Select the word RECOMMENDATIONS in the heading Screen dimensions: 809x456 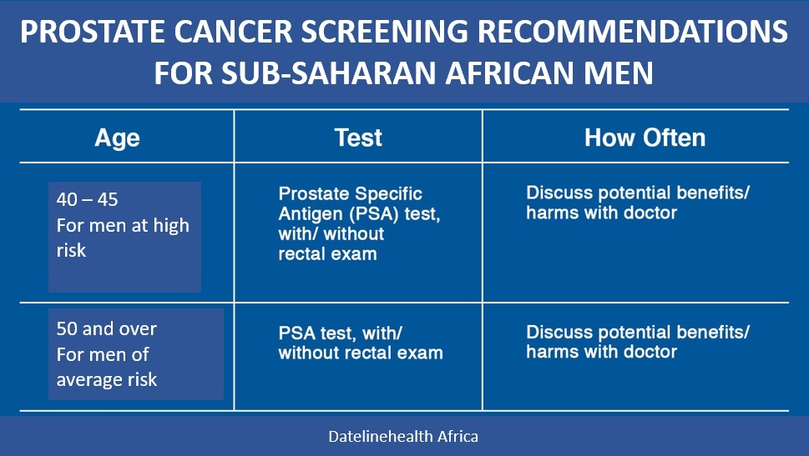633,32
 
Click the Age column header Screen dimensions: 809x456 117,138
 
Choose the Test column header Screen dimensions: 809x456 358,138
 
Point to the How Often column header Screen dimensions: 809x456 645,138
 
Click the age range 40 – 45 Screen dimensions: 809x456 87,199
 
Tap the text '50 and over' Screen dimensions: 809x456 106,328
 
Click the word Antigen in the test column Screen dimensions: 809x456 311,214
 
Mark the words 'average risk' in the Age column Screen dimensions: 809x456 107,380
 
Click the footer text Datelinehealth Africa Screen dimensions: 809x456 403,437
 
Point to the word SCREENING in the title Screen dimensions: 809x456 385,32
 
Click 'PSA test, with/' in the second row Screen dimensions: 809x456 340,333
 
